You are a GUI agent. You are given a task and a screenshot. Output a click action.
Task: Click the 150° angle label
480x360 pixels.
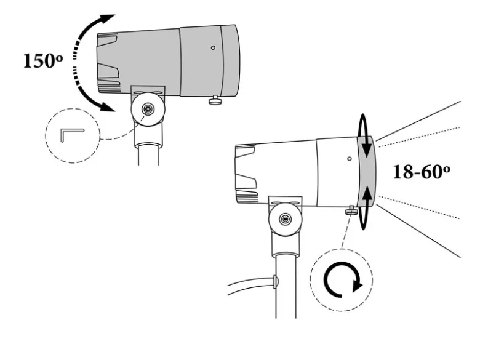click(43, 60)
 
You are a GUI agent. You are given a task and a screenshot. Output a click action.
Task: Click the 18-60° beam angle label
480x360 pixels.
click(421, 172)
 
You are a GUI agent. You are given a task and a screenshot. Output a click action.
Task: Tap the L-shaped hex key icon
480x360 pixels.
click(72, 135)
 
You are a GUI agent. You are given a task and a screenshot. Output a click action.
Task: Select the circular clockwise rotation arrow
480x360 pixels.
click(343, 279)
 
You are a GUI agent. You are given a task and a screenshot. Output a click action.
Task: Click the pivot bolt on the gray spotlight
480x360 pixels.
click(148, 110)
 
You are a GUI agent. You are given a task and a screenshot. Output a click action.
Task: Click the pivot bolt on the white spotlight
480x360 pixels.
click(286, 219)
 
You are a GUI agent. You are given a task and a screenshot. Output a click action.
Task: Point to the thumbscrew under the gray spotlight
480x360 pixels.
click(215, 100)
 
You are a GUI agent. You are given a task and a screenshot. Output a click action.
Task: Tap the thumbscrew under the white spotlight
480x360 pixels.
click(352, 210)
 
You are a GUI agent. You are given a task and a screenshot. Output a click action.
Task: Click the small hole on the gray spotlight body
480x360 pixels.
click(213, 47)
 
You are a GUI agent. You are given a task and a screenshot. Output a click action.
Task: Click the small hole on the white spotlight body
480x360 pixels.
click(350, 159)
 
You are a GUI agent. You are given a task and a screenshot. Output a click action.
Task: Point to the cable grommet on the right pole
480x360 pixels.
click(276, 282)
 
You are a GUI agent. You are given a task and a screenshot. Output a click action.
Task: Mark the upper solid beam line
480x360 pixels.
click(418, 121)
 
